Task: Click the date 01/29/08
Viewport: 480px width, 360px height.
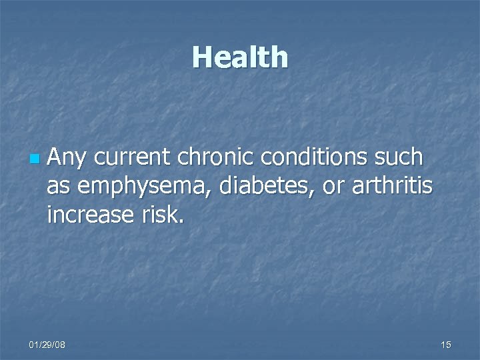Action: pyautogui.click(x=47, y=344)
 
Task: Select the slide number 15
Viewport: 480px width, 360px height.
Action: pyautogui.click(x=446, y=344)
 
